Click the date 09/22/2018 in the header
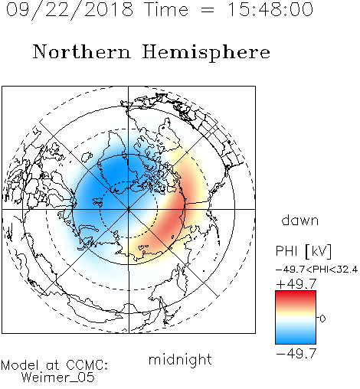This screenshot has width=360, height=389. click(x=70, y=10)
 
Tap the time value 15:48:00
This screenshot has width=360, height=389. click(x=270, y=9)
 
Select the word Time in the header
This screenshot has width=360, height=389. click(x=166, y=9)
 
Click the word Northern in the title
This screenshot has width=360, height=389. click(x=82, y=51)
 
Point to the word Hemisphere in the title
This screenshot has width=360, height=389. click(x=206, y=53)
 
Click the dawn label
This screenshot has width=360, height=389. click(x=300, y=220)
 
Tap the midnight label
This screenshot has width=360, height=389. click(x=180, y=359)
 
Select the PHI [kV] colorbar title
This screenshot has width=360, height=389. click(x=304, y=251)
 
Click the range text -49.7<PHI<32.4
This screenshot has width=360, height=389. click(x=316, y=270)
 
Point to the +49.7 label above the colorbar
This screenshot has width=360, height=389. click(x=296, y=284)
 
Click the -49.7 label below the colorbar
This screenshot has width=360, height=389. click(x=296, y=354)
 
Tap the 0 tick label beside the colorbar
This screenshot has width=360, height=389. click(x=322, y=319)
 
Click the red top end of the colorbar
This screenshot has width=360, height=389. click(x=296, y=294)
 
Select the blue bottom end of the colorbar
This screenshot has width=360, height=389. click(x=296, y=341)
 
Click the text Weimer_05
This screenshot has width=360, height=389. click(x=58, y=378)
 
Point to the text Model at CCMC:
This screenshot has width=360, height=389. click(x=54, y=365)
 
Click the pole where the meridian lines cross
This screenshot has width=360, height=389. click(x=129, y=209)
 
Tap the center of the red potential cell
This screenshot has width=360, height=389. click(x=170, y=217)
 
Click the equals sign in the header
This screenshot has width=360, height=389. click(x=208, y=10)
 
